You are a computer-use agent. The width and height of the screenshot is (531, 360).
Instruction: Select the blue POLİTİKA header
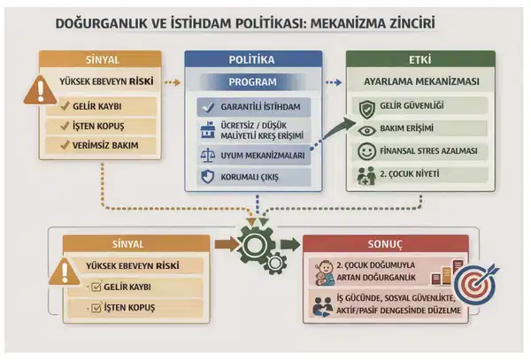coord(252,60)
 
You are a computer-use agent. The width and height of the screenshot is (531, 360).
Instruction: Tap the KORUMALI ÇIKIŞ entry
coord(258,177)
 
